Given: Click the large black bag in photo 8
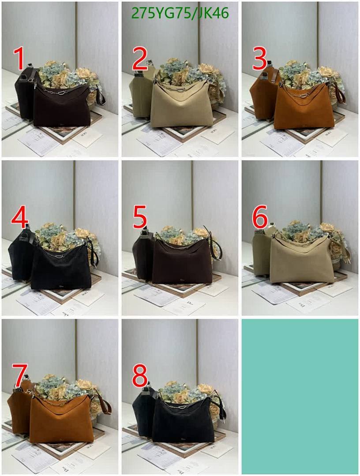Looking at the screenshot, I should tap(183, 421).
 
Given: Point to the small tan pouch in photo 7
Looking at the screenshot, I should tap(19, 412).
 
